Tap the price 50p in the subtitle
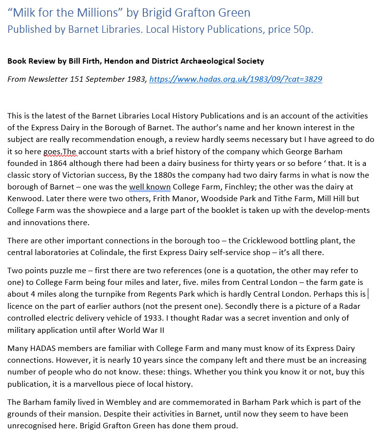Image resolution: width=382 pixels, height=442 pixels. point(302,29)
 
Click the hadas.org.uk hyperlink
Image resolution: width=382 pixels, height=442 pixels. point(235,79)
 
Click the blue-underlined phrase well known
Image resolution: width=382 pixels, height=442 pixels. point(150,186)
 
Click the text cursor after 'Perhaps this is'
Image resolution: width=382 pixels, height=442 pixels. point(368,294)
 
